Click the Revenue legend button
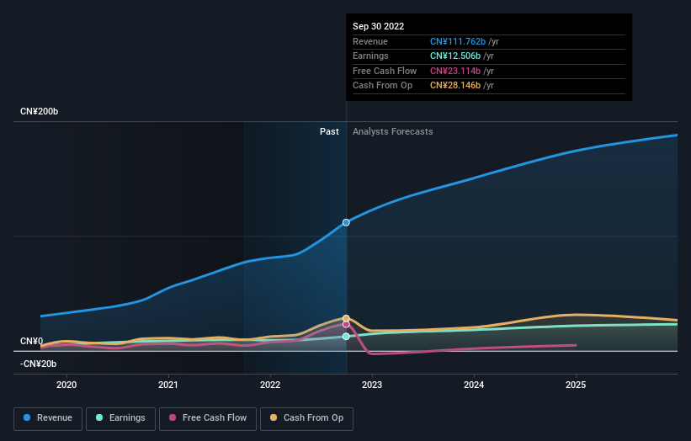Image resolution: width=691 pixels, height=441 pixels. [47, 417]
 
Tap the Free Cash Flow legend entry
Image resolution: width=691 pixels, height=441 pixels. [207, 417]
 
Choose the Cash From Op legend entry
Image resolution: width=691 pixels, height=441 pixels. [307, 417]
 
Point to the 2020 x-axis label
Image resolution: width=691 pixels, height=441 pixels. [66, 385]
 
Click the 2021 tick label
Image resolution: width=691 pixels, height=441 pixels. [168, 385]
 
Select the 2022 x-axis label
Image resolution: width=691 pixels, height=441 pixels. [270, 385]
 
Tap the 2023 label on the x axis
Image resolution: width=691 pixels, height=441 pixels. [372, 385]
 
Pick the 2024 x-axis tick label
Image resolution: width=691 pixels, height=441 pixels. [474, 385]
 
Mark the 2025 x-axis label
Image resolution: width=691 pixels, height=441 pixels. [576, 385]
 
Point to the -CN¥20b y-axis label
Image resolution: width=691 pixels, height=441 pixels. [40, 364]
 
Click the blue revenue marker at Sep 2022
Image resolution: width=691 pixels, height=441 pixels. [346, 222]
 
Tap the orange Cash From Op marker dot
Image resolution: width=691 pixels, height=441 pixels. [346, 319]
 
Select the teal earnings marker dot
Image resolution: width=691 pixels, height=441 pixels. [346, 337]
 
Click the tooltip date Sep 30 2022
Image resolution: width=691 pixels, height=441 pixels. [379, 26]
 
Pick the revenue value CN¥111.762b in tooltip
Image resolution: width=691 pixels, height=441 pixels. [464, 41]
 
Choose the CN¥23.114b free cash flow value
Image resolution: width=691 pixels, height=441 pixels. [461, 71]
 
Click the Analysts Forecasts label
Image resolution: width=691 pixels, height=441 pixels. [393, 131]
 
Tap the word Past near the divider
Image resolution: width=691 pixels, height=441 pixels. [329, 131]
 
